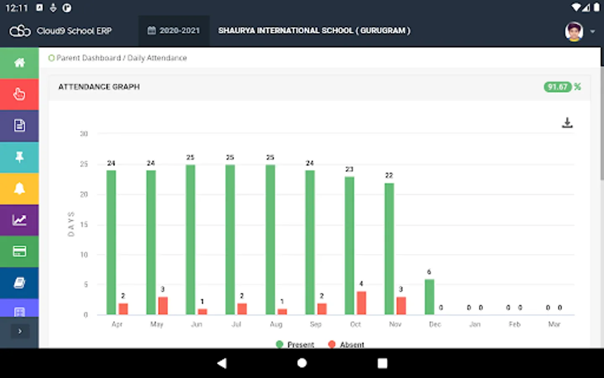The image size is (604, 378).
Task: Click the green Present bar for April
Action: pyautogui.click(x=111, y=242)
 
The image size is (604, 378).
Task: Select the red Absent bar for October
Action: pyautogui.click(x=361, y=303)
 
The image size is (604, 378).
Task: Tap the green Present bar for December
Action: pyautogui.click(x=429, y=297)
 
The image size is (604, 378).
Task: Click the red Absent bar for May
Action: pyautogui.click(x=163, y=305)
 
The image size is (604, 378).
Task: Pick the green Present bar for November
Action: pyautogui.click(x=389, y=249)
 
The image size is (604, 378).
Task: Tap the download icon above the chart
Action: pyautogui.click(x=567, y=123)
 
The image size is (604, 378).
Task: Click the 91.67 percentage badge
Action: pyautogui.click(x=557, y=87)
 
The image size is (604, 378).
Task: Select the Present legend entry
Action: pyautogui.click(x=295, y=344)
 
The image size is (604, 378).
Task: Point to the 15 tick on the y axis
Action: pyautogui.click(x=84, y=224)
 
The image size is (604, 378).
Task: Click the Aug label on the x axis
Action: pyautogui.click(x=276, y=324)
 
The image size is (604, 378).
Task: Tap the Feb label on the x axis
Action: pyautogui.click(x=515, y=324)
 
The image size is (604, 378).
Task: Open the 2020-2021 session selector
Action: pyautogui.click(x=174, y=31)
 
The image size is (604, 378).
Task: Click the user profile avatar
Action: pyautogui.click(x=574, y=31)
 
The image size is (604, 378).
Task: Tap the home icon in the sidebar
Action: pyautogui.click(x=19, y=63)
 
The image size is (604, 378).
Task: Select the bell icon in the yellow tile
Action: pyautogui.click(x=19, y=189)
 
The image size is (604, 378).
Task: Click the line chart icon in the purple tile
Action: pyautogui.click(x=19, y=220)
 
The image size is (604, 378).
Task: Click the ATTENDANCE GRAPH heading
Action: pyautogui.click(x=99, y=87)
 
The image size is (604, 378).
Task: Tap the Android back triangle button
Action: pyautogui.click(x=222, y=363)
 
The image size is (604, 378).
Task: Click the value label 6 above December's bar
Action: pyautogui.click(x=429, y=272)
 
